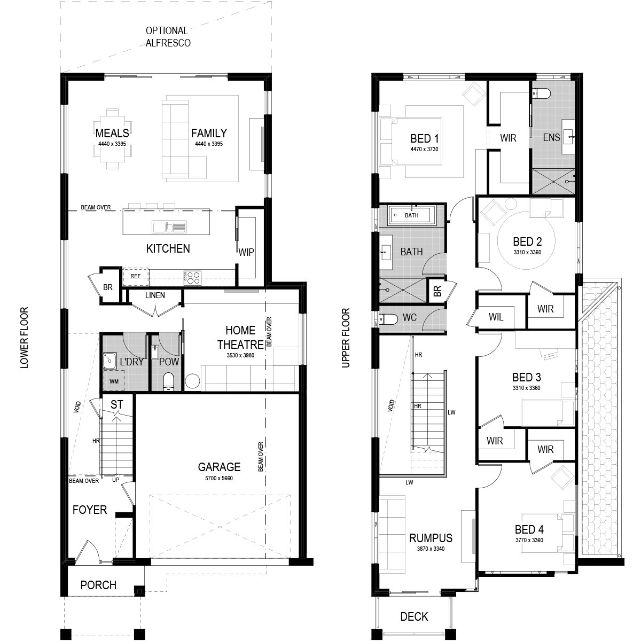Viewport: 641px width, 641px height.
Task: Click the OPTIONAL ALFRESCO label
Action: tap(168, 37)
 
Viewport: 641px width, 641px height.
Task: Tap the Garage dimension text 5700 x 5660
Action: tap(219, 478)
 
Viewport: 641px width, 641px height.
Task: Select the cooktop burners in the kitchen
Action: tap(193, 278)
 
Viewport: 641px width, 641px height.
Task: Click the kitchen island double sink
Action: tap(169, 227)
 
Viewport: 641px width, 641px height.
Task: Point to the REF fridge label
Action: tap(136, 276)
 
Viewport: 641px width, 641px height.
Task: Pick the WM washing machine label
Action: tap(114, 381)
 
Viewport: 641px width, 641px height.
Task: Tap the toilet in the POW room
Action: tap(169, 381)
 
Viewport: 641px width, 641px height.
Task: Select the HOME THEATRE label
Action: tap(240, 337)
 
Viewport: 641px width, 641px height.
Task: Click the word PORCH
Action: tap(98, 585)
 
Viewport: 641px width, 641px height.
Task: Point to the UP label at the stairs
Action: tap(115, 480)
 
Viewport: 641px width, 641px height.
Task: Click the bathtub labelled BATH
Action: tap(411, 215)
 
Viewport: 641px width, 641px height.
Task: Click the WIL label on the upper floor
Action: tap(496, 317)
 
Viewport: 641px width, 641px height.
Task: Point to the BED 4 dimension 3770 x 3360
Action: tap(529, 540)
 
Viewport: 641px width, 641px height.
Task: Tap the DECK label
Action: tap(414, 617)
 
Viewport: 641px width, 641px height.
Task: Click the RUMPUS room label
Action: tap(431, 538)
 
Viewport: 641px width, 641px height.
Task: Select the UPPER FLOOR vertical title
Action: tap(346, 338)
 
